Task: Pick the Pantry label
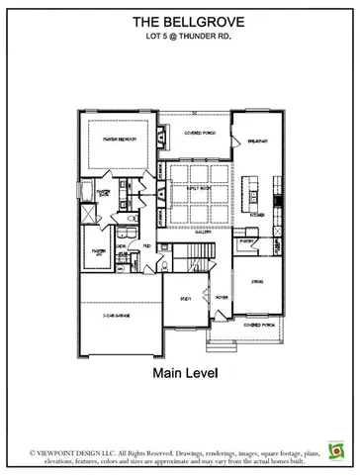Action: click(x=245, y=240)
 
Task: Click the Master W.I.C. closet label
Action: click(x=99, y=252)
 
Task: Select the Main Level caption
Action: click(x=179, y=374)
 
